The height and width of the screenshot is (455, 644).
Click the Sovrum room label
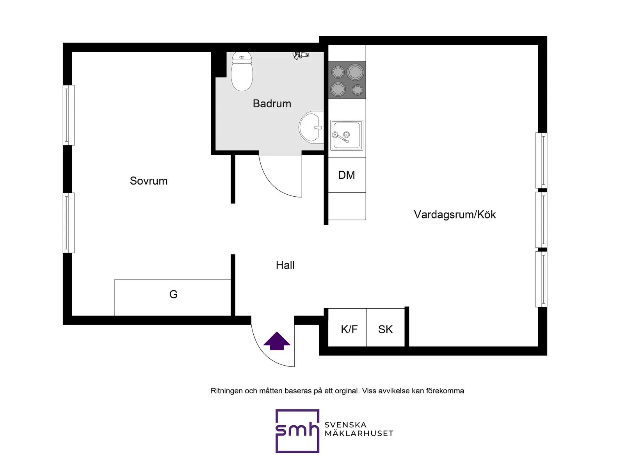(x=149, y=181)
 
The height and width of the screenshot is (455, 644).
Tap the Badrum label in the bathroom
(x=272, y=103)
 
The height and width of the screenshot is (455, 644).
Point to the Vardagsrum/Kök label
(x=455, y=214)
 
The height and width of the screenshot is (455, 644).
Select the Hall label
(x=285, y=265)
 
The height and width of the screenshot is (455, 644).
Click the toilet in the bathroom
(x=242, y=71)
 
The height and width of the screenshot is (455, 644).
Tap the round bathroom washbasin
(x=311, y=127)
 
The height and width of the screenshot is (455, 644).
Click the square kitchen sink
(x=347, y=135)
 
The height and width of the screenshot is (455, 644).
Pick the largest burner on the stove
(x=355, y=72)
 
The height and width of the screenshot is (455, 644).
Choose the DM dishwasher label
(x=347, y=175)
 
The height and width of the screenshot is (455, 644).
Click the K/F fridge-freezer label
(x=349, y=329)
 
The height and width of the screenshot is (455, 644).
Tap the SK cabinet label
(x=385, y=329)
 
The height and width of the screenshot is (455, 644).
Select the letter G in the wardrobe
(x=173, y=294)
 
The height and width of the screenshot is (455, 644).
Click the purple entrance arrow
(x=277, y=341)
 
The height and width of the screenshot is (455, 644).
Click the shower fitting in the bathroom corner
(x=301, y=55)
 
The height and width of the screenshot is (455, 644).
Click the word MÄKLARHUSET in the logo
(x=359, y=434)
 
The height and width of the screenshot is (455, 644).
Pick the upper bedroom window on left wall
(x=69, y=115)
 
